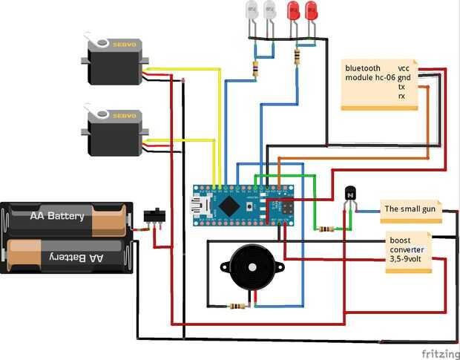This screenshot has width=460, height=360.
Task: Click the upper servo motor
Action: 114,62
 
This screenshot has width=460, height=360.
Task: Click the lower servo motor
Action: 114,133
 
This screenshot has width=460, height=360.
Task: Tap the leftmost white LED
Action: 251,10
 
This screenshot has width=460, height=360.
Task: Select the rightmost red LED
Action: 311,10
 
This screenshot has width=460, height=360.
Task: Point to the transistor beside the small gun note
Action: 351,194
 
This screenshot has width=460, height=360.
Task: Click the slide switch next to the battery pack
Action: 154,217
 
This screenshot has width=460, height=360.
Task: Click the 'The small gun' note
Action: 410,210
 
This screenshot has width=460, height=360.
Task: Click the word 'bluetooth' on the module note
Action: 363,68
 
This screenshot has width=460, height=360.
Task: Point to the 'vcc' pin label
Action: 404,68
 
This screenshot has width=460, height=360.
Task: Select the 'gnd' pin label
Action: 404,78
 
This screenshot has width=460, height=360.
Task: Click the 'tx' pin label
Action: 401,87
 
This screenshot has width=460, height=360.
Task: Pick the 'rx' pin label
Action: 401,96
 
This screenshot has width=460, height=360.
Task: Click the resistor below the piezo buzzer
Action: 238,305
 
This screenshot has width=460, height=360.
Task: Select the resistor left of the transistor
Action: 325,229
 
